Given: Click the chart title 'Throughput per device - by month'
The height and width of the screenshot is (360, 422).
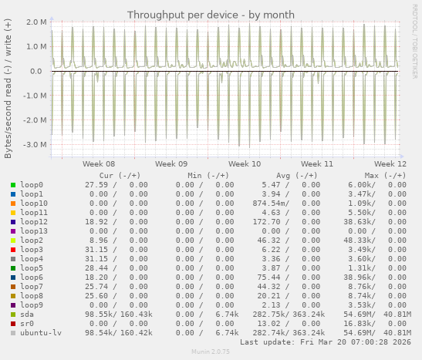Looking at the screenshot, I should click(211, 15).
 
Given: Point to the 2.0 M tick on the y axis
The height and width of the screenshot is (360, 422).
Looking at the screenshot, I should click(37, 22).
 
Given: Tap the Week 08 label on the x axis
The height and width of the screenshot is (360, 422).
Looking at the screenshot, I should click(99, 164).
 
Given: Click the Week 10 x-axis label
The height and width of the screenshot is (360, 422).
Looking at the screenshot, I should click(245, 164).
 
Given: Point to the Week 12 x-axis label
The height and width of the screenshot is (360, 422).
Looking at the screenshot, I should click(390, 164).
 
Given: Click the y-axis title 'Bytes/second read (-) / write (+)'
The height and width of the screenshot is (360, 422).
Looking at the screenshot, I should click(8, 89).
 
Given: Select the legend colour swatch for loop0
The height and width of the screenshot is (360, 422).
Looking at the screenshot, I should click(13, 185).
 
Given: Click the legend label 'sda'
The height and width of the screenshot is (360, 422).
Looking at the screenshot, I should click(27, 315).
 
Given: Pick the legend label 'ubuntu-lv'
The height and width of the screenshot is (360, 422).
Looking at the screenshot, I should click(41, 333).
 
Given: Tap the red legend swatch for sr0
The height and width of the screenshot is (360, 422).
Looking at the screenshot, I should click(13, 324).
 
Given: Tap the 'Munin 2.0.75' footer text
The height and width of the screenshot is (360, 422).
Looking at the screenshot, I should click(211, 352).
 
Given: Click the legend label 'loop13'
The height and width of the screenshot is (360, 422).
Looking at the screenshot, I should click(34, 231).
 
